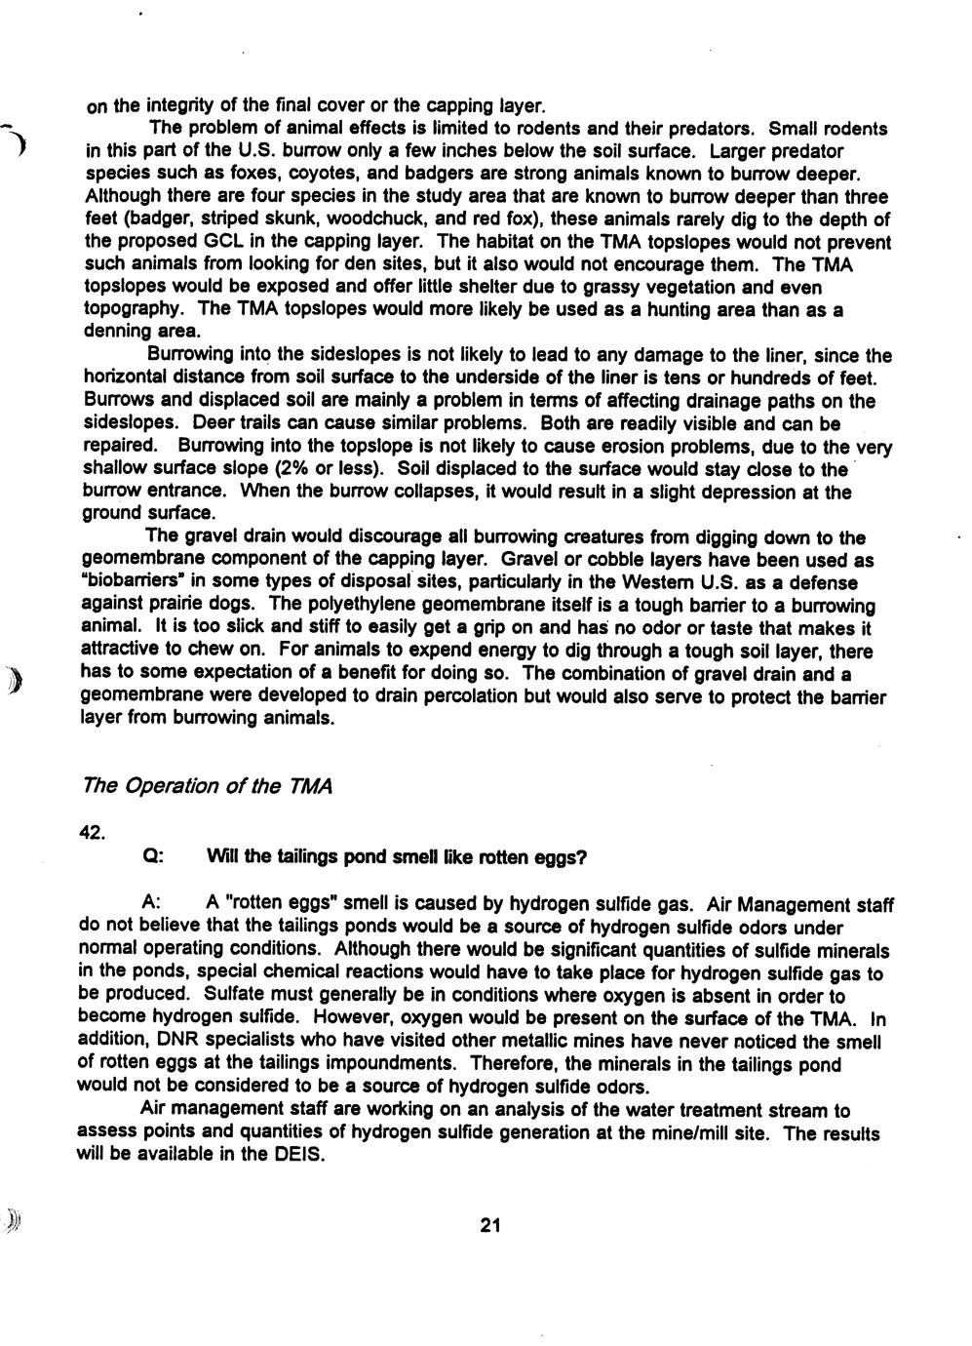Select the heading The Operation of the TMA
click(x=208, y=785)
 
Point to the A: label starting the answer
click(x=152, y=905)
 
